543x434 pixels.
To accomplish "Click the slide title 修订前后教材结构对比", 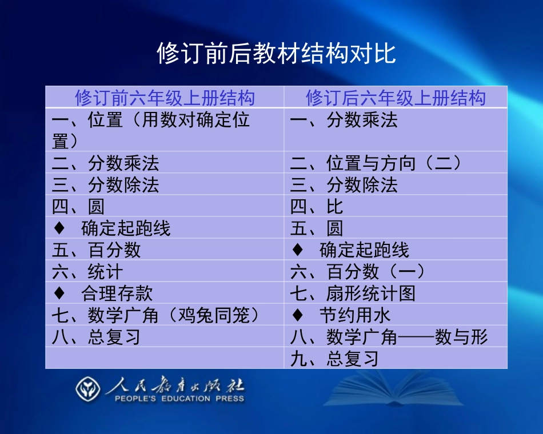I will (276, 54).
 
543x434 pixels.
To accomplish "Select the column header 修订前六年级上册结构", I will (165, 98).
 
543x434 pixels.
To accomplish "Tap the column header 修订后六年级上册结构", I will (396, 98).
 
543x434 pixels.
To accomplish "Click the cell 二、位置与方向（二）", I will (376, 163).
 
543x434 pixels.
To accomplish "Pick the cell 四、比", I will (317, 207).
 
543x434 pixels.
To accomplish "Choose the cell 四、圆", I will (78, 207).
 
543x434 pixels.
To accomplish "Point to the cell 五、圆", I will (317, 228).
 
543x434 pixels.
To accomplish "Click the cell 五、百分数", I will (96, 250).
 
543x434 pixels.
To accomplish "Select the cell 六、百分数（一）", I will (358, 272).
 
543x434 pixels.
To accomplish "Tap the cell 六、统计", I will (87, 272).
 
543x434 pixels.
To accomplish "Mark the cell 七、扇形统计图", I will (353, 294).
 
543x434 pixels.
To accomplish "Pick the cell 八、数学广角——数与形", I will (389, 337).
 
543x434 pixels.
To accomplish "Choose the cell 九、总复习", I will (334, 359).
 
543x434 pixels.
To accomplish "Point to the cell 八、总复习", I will (96, 337).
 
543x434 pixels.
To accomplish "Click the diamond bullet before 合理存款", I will (59, 294).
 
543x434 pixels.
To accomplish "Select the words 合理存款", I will (117, 294).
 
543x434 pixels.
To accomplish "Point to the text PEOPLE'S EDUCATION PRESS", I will (179, 399).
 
